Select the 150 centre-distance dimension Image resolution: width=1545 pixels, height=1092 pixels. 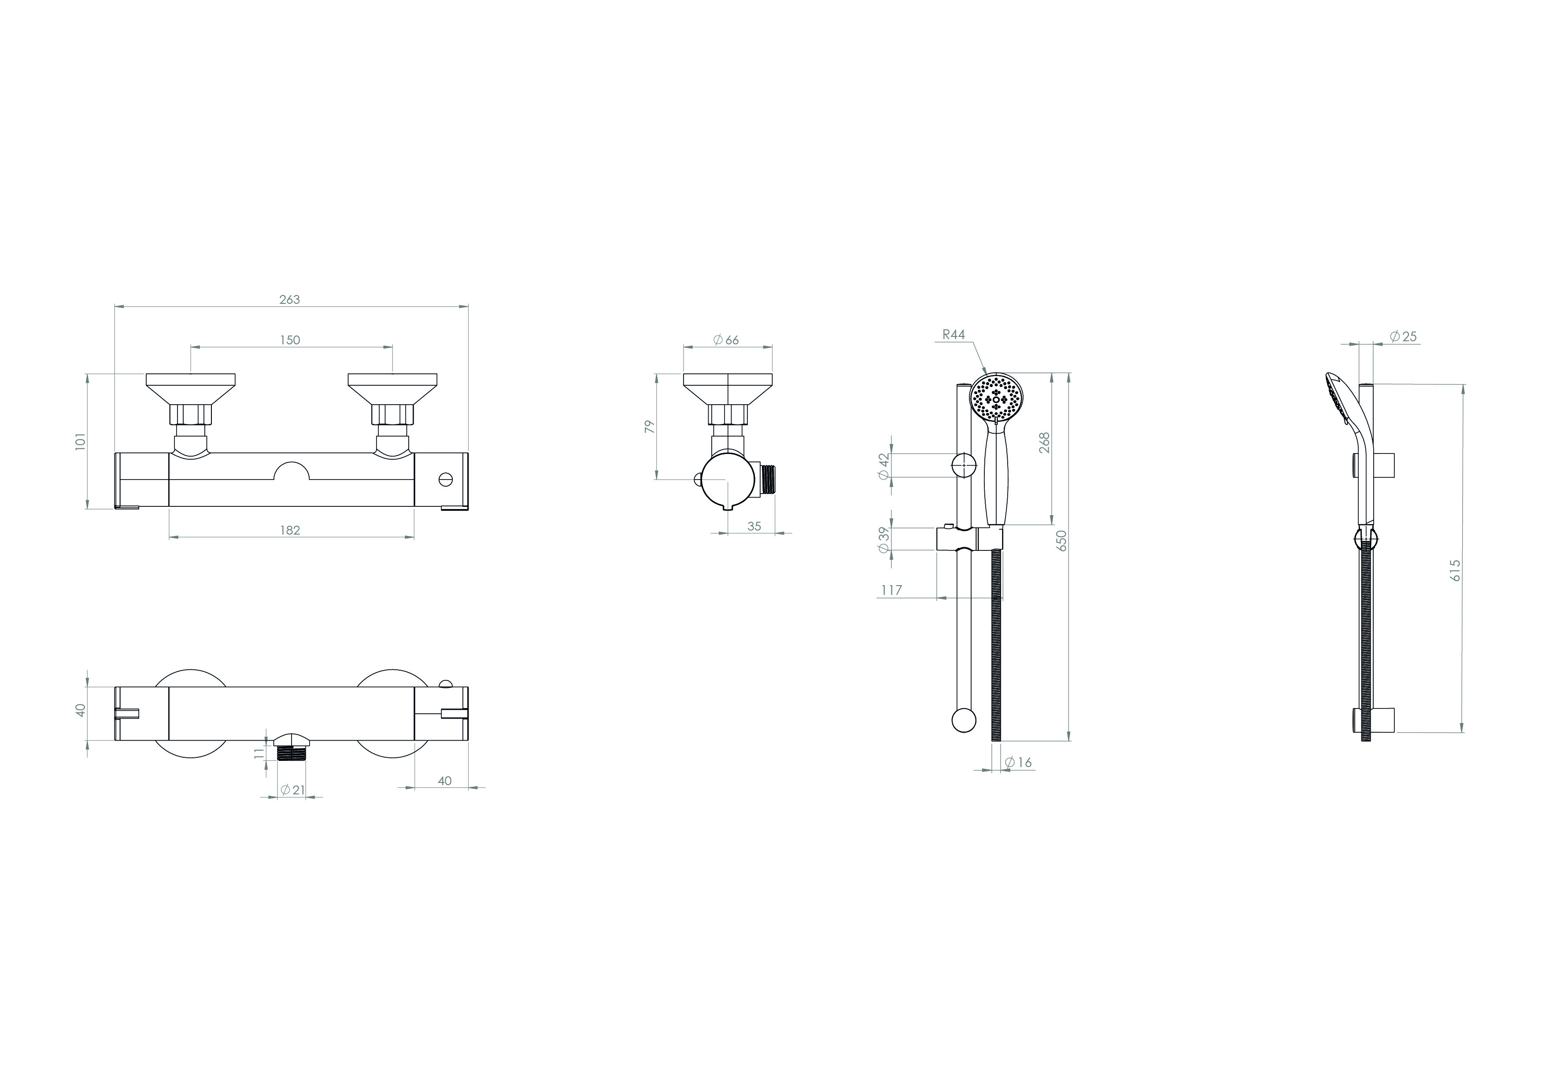[290, 340]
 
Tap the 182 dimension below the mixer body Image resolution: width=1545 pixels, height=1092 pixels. [290, 530]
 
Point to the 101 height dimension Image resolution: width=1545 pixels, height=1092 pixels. [81, 441]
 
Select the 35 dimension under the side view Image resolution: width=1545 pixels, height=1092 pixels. [754, 527]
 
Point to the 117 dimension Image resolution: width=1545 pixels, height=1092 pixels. [891, 590]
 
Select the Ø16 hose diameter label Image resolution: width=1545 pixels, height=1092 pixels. [1018, 762]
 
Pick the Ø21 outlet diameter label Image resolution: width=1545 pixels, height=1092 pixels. [292, 790]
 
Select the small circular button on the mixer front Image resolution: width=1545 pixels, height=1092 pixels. [446, 479]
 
